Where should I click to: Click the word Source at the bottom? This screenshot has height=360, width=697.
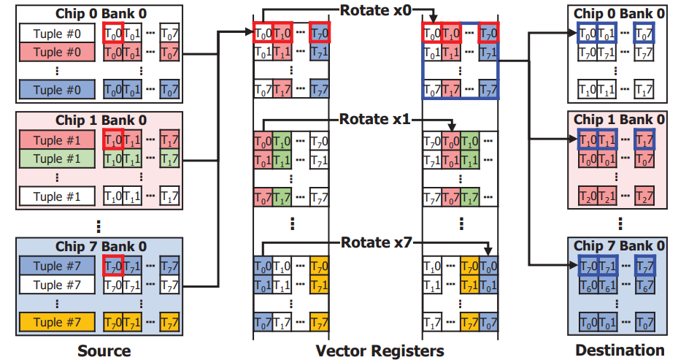pos(104,351)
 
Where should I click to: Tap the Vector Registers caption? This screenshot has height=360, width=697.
pos(380,351)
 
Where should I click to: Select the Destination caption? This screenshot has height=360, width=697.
pos(620,351)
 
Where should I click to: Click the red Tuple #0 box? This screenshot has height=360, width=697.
pos(58,52)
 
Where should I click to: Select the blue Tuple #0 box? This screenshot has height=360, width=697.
pos(58,89)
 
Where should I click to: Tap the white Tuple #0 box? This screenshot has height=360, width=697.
pos(58,34)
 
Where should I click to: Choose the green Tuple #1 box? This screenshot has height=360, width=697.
pos(58,158)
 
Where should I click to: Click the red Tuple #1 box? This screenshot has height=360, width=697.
pos(58,139)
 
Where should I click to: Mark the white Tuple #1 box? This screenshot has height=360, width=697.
pos(58,196)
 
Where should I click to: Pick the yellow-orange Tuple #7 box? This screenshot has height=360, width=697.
pos(58,321)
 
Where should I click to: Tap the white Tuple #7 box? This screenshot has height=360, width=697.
pos(58,284)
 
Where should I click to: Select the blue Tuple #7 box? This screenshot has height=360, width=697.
pos(58,266)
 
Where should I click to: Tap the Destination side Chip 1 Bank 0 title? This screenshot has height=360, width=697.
pos(619,119)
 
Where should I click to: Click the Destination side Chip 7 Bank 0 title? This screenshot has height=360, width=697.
pos(619,245)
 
